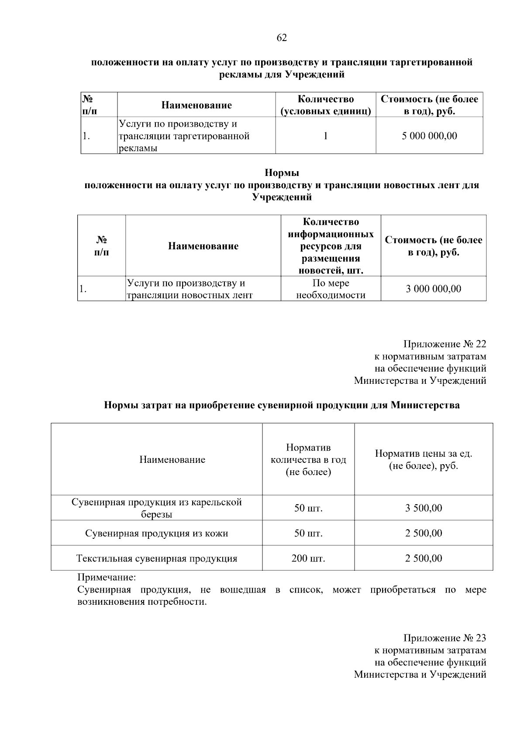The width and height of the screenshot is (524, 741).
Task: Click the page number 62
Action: [x=282, y=38]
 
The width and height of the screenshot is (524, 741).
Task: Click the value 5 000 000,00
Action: [x=429, y=136]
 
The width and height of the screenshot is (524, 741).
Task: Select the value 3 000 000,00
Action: [x=433, y=289]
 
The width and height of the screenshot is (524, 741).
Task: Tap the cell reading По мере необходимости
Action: [x=331, y=289]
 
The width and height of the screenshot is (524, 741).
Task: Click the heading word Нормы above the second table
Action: [x=282, y=173]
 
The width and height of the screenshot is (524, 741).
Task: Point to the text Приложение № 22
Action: [x=445, y=344]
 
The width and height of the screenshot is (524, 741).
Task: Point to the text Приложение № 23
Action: [x=445, y=638]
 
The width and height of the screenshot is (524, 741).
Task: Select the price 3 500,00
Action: [x=423, y=508]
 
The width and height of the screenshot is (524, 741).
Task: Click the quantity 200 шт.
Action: [x=308, y=558]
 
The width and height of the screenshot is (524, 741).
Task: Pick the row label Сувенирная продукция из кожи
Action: [x=156, y=533]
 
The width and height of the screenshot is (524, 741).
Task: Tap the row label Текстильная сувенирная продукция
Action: [x=156, y=558]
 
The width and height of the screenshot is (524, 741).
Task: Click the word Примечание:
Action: [x=107, y=577]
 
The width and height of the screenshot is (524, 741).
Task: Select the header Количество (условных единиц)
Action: [x=325, y=105]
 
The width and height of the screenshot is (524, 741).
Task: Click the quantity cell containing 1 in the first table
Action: [x=325, y=136]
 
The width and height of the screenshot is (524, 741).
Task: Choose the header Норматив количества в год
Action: [x=308, y=459]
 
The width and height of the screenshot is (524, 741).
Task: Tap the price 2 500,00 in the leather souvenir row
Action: [x=423, y=533]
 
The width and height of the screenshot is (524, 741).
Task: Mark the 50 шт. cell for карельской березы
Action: [x=308, y=508]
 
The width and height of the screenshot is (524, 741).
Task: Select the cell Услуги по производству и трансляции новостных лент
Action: [x=190, y=289]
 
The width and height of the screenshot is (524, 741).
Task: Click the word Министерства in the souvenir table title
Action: [x=424, y=405]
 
